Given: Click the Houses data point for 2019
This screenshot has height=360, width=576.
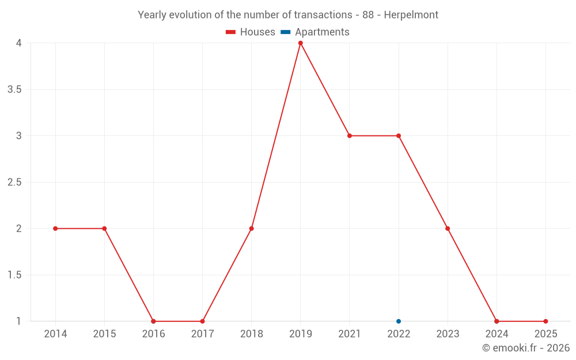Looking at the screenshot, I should [301, 43].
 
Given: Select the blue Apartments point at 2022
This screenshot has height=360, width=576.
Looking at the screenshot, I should [399, 321].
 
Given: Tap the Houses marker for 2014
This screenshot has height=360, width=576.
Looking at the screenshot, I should [55, 229].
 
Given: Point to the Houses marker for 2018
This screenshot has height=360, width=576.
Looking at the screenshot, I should [252, 229].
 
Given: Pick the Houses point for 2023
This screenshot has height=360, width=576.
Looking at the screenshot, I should [448, 229].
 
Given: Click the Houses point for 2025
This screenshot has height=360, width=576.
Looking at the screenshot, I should [545, 321].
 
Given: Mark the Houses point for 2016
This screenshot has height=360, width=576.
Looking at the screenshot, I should [153, 321].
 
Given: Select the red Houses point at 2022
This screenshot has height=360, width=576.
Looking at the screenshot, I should [399, 136].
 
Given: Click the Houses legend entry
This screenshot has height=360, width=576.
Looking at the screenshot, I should [251, 32].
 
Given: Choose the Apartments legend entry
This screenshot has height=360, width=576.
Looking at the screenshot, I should [316, 32].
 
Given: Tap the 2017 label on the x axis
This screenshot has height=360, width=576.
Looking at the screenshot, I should [202, 334].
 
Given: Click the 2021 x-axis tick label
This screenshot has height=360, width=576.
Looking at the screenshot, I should [350, 334].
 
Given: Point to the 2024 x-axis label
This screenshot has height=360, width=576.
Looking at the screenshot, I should [497, 334].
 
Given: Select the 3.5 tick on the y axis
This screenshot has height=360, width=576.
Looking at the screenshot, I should [15, 90].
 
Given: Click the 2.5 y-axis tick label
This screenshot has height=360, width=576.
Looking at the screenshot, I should [15, 183].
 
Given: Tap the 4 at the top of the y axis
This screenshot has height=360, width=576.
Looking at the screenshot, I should [19, 43].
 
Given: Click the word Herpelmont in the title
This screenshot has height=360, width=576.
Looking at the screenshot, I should [410, 15].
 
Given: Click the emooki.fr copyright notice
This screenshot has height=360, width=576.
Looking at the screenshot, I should [526, 348].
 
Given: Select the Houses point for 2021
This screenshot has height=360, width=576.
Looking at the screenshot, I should [350, 136].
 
